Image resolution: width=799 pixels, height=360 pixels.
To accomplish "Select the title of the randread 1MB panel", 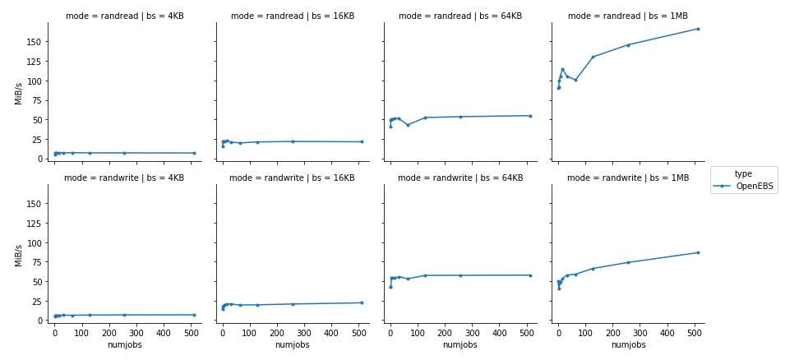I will click(628, 16).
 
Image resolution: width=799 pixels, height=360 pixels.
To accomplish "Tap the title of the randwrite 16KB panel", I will click(292, 178).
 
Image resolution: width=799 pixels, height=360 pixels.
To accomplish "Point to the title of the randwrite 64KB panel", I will click(460, 178).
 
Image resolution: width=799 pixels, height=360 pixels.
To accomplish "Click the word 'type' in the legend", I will click(743, 173).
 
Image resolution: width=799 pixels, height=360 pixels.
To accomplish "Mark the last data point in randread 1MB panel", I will click(698, 29).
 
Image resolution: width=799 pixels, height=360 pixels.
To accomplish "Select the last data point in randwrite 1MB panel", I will click(698, 252).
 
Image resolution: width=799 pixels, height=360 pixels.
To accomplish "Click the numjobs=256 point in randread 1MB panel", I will click(628, 44).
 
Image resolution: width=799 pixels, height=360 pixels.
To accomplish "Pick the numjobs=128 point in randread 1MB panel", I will click(593, 57).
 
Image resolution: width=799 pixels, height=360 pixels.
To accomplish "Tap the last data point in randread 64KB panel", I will click(530, 116).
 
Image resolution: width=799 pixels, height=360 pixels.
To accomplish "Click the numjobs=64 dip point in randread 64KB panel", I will click(408, 125).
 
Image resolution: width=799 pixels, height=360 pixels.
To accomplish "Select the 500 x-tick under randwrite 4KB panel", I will click(191, 334).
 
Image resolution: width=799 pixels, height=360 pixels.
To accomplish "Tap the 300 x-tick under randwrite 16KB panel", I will click(304, 334).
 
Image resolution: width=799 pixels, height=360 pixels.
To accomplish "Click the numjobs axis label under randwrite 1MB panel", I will click(628, 345).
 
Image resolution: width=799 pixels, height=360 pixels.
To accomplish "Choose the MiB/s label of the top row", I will click(19, 93).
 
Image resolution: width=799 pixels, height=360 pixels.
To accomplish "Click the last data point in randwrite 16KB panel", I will click(362, 302).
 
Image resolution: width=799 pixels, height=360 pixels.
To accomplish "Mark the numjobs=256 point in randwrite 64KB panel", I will click(460, 275).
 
